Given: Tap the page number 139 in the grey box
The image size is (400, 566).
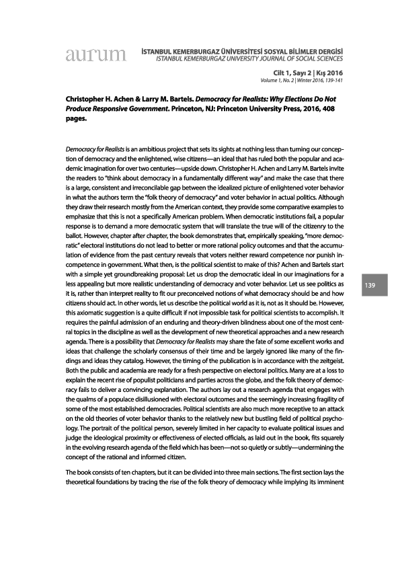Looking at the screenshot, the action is coord(370,286).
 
